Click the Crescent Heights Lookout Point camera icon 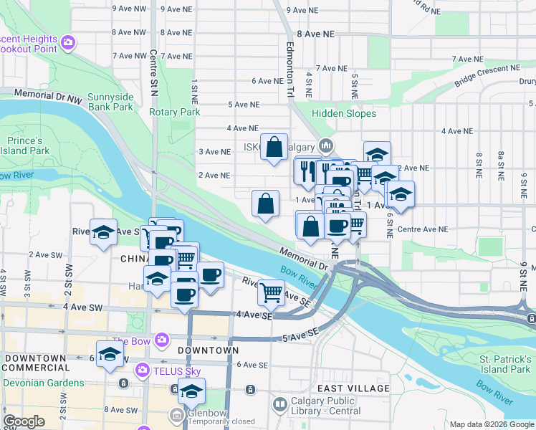tap(68, 42)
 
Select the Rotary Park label tap(175, 113)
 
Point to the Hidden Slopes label tap(344, 113)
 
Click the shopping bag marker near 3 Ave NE tap(274, 148)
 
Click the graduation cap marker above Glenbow tap(191, 391)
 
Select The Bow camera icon tap(162, 339)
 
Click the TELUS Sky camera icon tap(142, 370)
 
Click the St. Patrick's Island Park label tap(506, 363)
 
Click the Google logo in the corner tap(24, 421)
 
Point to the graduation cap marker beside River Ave tap(104, 232)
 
